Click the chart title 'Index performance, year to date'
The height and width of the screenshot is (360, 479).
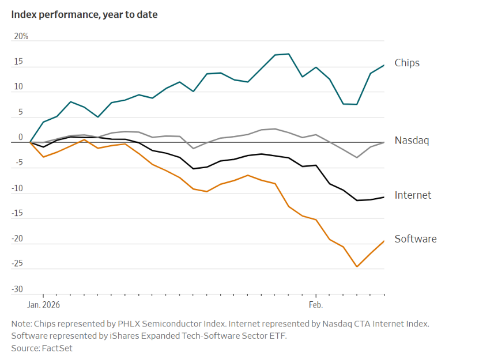click(x=84, y=14)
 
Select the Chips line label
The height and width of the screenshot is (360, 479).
click(x=407, y=63)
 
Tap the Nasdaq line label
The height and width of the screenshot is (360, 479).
click(x=412, y=140)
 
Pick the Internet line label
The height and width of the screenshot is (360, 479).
click(x=413, y=195)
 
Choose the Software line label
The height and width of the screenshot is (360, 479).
click(x=415, y=238)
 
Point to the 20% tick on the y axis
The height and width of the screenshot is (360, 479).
click(x=21, y=36)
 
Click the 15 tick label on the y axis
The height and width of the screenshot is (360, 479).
click(x=19, y=62)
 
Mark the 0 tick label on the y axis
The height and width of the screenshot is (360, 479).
click(x=21, y=137)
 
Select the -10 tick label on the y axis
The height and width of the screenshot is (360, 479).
click(x=18, y=188)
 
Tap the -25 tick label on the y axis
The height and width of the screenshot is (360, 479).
click(x=18, y=264)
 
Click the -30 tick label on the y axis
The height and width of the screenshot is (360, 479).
click(x=18, y=289)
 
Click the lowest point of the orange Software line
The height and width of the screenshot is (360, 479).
click(x=357, y=267)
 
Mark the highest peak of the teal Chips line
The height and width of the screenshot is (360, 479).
click(x=288, y=54)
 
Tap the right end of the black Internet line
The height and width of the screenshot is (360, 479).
click(x=384, y=198)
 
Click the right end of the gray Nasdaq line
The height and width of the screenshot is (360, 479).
click(x=384, y=142)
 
